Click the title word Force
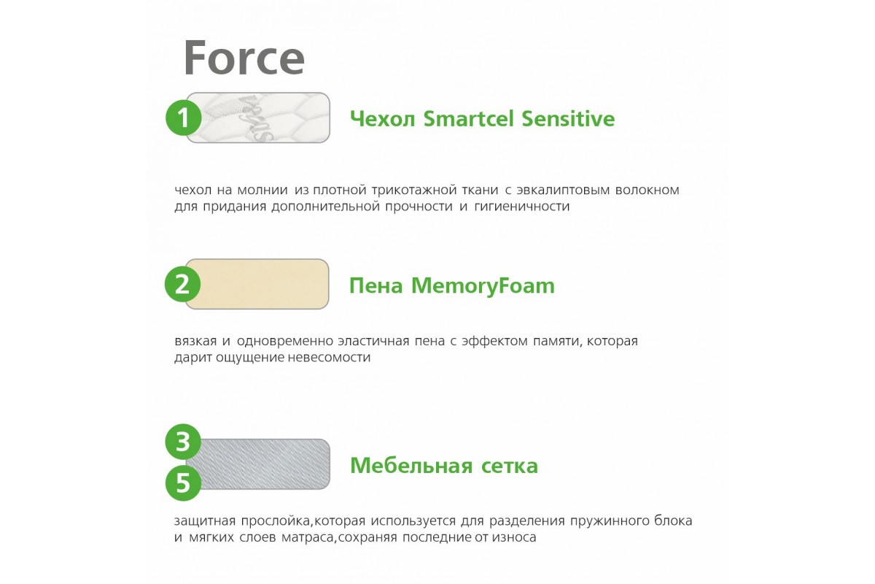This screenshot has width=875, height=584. pyautogui.click(x=244, y=58)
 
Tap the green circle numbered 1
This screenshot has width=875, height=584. pyautogui.click(x=183, y=118)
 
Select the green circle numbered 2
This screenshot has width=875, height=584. pyautogui.click(x=182, y=284)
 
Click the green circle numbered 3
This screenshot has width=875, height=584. pyautogui.click(x=183, y=442)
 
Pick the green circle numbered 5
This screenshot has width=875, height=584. pyautogui.click(x=183, y=483)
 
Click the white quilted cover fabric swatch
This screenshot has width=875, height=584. pyautogui.click(x=259, y=118)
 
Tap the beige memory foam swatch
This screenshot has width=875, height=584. pyautogui.click(x=257, y=284)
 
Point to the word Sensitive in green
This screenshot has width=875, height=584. pyautogui.click(x=568, y=118)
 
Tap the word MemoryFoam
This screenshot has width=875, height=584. pyautogui.click(x=483, y=285)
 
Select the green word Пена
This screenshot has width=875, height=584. pyautogui.click(x=376, y=285)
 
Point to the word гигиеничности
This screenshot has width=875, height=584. pyautogui.click(x=521, y=207)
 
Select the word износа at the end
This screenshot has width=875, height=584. pyautogui.click(x=514, y=538)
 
